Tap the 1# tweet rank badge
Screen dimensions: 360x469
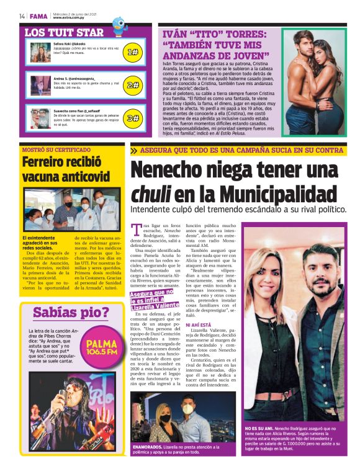132,53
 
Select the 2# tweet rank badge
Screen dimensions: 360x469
132,85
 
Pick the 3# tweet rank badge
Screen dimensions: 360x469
132,117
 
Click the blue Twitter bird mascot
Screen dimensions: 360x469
119,25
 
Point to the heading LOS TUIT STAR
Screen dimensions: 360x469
64,32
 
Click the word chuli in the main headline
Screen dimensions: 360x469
150,194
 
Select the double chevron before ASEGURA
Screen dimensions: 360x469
133,150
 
